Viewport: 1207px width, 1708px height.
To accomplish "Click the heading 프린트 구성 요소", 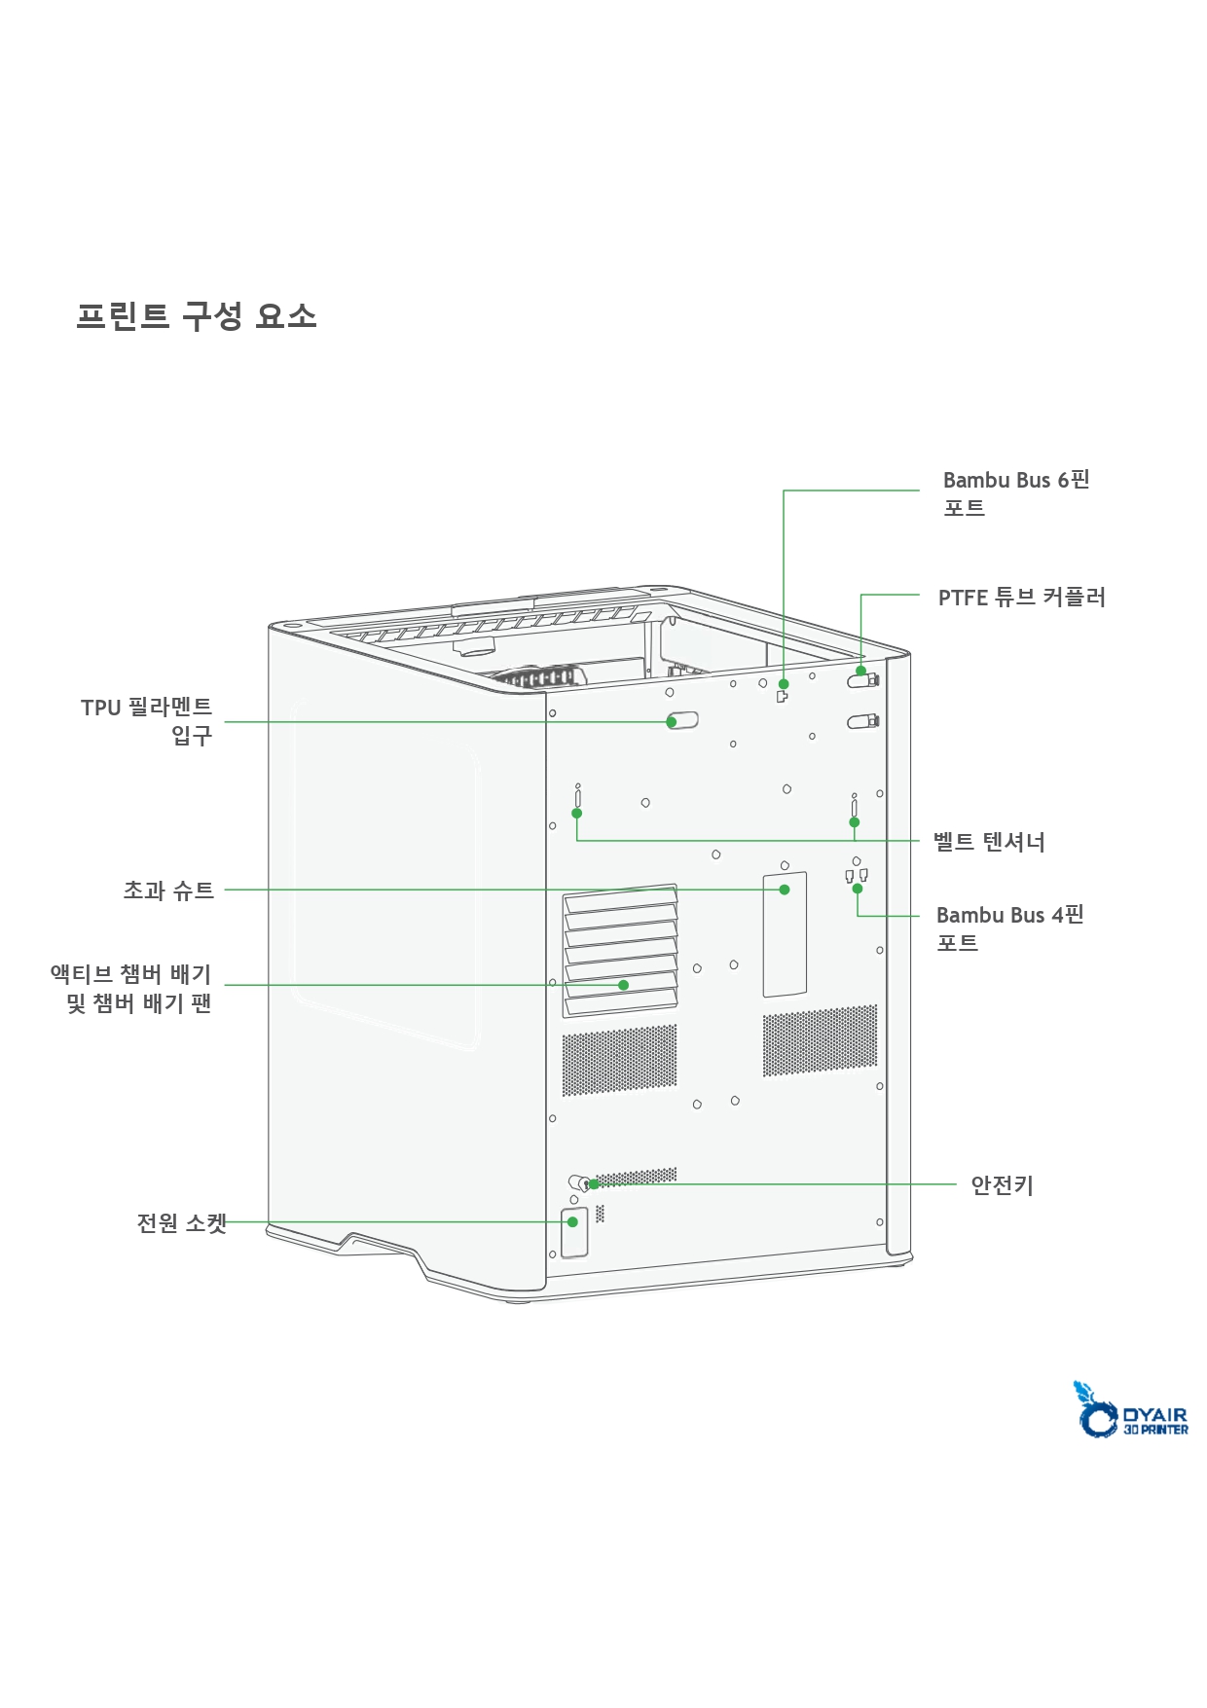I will point(197,315).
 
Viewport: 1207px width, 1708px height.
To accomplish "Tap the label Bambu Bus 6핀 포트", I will point(1015,493).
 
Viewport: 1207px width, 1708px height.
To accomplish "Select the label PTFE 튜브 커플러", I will point(1021,597).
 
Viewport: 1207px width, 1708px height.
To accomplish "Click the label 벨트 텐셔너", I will point(989,841).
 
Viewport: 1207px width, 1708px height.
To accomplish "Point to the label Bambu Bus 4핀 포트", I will point(1009,927).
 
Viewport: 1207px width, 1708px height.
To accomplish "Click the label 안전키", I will point(1002,1184).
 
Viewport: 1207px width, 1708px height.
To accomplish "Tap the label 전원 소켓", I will point(181,1222).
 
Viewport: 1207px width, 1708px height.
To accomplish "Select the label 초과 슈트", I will point(167,890).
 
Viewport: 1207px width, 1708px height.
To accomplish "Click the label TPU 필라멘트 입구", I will point(146,720).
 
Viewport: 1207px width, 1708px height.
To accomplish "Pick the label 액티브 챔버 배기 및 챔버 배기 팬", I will point(131,988).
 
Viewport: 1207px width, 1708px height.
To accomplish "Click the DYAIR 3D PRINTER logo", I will point(1130,1410).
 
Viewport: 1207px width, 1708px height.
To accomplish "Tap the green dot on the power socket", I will point(573,1221).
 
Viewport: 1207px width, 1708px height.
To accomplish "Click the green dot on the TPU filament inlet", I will point(672,721).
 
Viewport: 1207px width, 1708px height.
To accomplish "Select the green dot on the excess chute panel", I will point(785,890).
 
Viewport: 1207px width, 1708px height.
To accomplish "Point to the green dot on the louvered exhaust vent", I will point(624,985).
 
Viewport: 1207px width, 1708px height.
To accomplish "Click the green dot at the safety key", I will point(594,1184).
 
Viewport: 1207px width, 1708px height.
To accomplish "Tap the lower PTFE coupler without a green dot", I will point(862,721).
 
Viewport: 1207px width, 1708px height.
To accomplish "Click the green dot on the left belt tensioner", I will point(577,813).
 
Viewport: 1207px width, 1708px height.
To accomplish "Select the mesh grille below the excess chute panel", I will point(820,1041).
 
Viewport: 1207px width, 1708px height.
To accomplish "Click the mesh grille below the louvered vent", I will point(619,1059).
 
